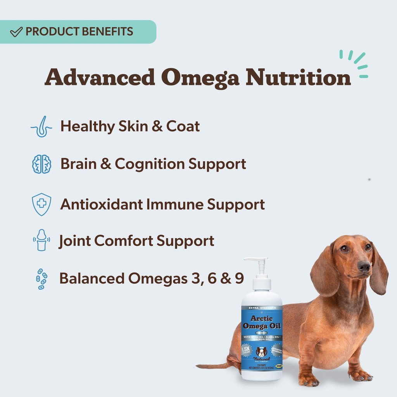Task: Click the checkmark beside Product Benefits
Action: [16, 32]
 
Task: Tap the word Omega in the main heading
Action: [199, 78]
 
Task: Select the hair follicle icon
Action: [41, 126]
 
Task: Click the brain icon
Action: [41, 164]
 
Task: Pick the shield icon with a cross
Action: [41, 204]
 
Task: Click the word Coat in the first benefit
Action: [183, 126]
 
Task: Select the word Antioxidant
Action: [102, 204]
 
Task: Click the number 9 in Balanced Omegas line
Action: [239, 278]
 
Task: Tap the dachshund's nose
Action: [364, 266]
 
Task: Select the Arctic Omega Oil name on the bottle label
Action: [262, 322]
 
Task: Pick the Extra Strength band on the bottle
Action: [262, 308]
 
